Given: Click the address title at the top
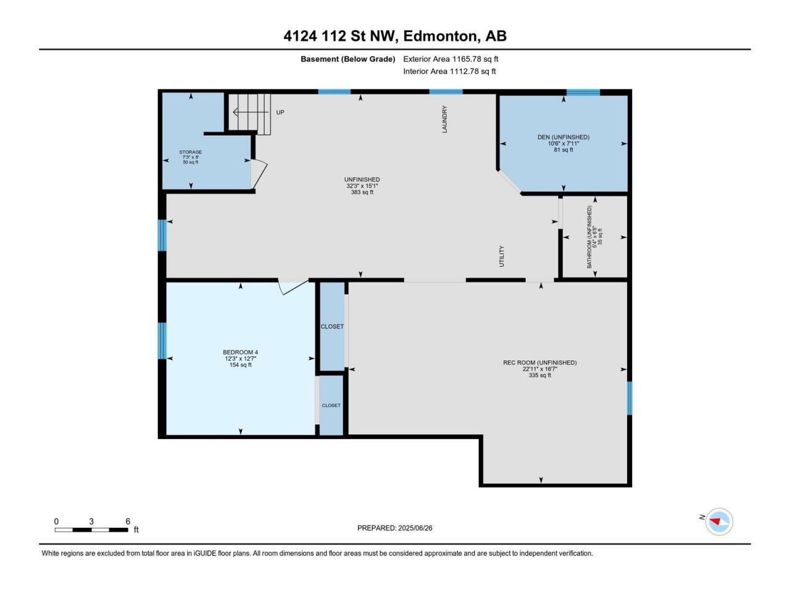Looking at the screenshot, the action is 395,36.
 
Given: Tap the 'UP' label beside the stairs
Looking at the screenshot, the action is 280,112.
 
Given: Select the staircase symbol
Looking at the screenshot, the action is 250,114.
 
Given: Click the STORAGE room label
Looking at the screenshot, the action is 190,152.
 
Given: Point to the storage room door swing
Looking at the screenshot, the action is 259,175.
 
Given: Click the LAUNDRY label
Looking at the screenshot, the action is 444,120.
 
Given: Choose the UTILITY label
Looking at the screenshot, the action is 502,257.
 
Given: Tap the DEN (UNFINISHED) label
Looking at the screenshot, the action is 563,137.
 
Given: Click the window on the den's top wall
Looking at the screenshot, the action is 583,92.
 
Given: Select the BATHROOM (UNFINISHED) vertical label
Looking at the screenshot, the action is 589,237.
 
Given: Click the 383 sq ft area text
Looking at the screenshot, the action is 362,192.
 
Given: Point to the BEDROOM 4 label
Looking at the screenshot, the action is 241,352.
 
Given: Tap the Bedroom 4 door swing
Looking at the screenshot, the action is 293,287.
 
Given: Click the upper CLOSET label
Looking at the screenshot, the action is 332,326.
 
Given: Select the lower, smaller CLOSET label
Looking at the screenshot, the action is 331,405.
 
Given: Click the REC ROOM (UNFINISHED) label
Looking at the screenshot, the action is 540,363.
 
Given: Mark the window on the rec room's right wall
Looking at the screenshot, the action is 630,398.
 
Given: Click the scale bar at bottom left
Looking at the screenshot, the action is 91,530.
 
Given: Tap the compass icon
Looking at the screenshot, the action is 719,522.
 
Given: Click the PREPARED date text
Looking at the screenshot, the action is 395,528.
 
